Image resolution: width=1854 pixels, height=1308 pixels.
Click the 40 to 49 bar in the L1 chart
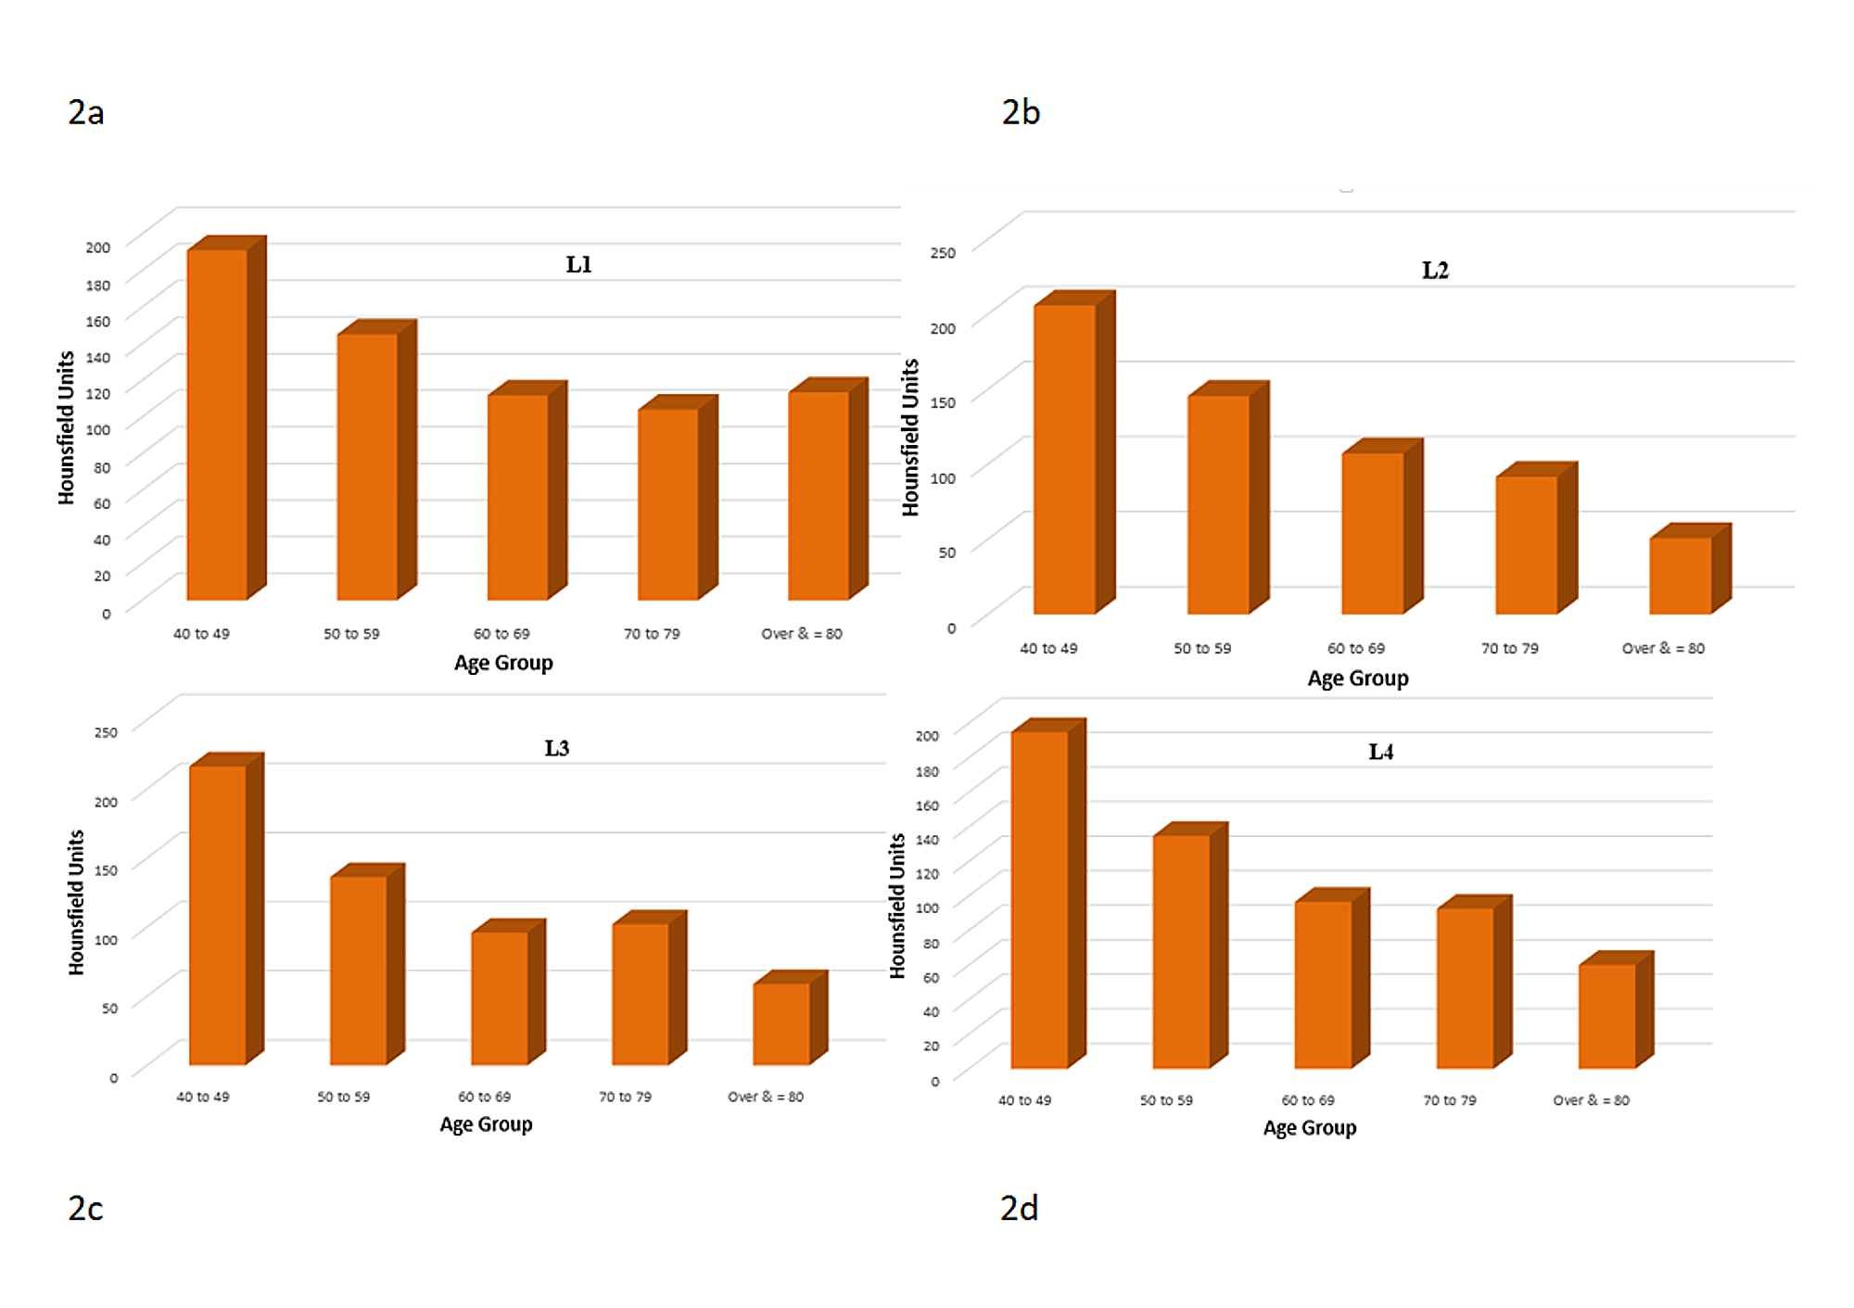point(217,425)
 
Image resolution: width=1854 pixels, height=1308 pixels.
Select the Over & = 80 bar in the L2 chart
point(1680,575)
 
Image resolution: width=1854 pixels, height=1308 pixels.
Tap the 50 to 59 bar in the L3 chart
point(359,970)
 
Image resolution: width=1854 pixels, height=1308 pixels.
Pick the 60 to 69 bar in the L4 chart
point(1323,984)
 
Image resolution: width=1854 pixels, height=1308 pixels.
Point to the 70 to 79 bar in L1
point(667,503)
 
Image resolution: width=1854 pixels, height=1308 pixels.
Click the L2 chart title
point(1434,271)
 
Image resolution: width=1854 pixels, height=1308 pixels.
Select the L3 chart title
point(556,748)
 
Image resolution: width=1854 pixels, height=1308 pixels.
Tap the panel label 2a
point(85,112)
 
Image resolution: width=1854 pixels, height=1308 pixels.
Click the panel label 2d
point(1019,1208)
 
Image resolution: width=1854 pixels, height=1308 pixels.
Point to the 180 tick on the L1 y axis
point(98,285)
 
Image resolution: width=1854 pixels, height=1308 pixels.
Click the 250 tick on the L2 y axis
point(942,253)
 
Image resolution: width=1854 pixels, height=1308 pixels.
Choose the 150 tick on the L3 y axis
point(106,870)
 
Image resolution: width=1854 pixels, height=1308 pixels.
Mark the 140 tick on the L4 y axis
point(927,839)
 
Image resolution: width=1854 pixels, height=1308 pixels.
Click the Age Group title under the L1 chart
point(503,663)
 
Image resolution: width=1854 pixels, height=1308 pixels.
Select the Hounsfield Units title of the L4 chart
point(896,906)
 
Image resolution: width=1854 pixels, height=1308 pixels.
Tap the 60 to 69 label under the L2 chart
point(1355,648)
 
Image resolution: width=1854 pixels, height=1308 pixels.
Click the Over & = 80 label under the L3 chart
point(765,1097)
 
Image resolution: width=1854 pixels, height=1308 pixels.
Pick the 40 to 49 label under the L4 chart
point(1024,1100)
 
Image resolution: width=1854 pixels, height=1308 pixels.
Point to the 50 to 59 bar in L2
point(1218,504)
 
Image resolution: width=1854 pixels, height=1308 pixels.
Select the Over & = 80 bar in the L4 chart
point(1606,1016)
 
